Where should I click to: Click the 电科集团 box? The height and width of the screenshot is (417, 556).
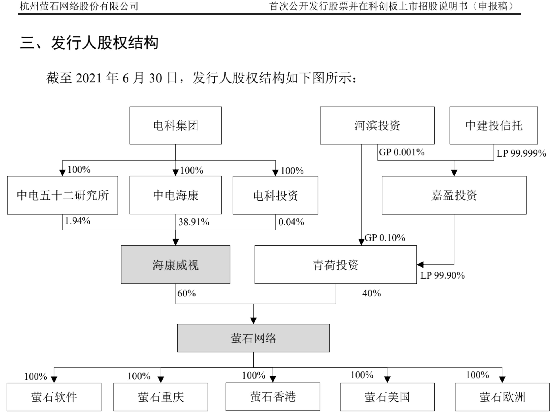(x=175, y=125)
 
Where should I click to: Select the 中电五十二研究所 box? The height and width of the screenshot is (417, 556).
(x=62, y=195)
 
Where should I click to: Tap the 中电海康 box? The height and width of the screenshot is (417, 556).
(x=175, y=195)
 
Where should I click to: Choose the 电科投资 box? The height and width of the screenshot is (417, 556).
(x=275, y=195)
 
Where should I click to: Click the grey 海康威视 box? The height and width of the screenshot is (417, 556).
(x=175, y=265)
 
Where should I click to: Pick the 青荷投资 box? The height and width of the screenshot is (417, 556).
(x=336, y=265)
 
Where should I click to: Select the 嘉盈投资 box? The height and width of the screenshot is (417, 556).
(x=454, y=195)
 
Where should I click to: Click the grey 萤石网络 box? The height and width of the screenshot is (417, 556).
(x=253, y=338)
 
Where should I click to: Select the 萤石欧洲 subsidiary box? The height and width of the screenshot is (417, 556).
(x=502, y=397)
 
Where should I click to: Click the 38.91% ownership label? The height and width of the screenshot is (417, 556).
(x=194, y=222)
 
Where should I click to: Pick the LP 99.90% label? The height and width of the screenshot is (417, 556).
(x=443, y=275)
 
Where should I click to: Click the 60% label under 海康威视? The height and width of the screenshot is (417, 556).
(x=187, y=293)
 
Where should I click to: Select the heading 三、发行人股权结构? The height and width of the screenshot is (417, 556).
(x=89, y=43)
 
